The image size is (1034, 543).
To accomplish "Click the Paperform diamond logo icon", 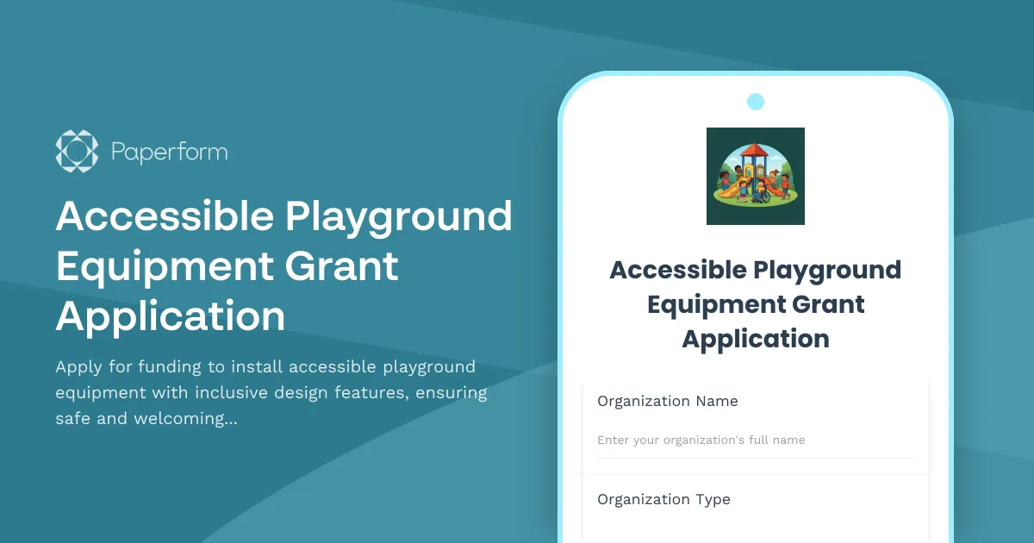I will [77, 151].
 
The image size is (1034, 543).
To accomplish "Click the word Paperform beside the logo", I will [170, 153].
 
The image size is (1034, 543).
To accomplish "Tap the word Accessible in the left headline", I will [163, 216].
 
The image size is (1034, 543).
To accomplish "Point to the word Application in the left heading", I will [170, 316].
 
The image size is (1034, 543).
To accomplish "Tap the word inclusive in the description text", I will [231, 393].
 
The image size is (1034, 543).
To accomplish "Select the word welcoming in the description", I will [167, 420].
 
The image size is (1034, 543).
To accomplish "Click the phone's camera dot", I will [756, 102].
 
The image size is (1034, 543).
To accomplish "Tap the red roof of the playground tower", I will [755, 151].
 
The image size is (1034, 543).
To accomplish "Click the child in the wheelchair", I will [762, 192].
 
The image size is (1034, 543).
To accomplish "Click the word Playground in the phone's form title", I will [827, 270].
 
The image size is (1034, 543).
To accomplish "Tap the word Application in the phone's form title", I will [756, 339].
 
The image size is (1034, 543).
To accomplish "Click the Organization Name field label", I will [667, 402].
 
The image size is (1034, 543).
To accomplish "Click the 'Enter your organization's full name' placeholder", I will [701, 440].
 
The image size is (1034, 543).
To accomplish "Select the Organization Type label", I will [663, 500].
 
